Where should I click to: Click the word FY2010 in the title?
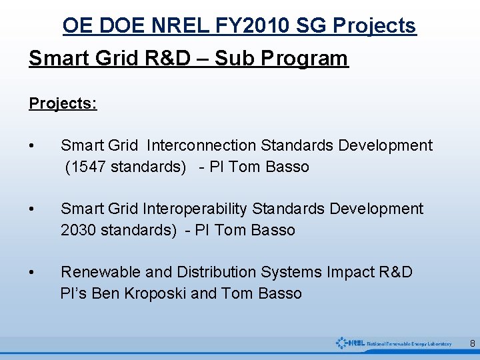(249, 25)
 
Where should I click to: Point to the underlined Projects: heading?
(63, 103)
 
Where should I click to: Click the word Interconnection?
(201, 145)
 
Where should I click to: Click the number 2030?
(79, 230)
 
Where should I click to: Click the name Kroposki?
(155, 293)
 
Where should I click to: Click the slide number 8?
(472, 344)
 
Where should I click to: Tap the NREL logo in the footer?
(393, 343)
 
